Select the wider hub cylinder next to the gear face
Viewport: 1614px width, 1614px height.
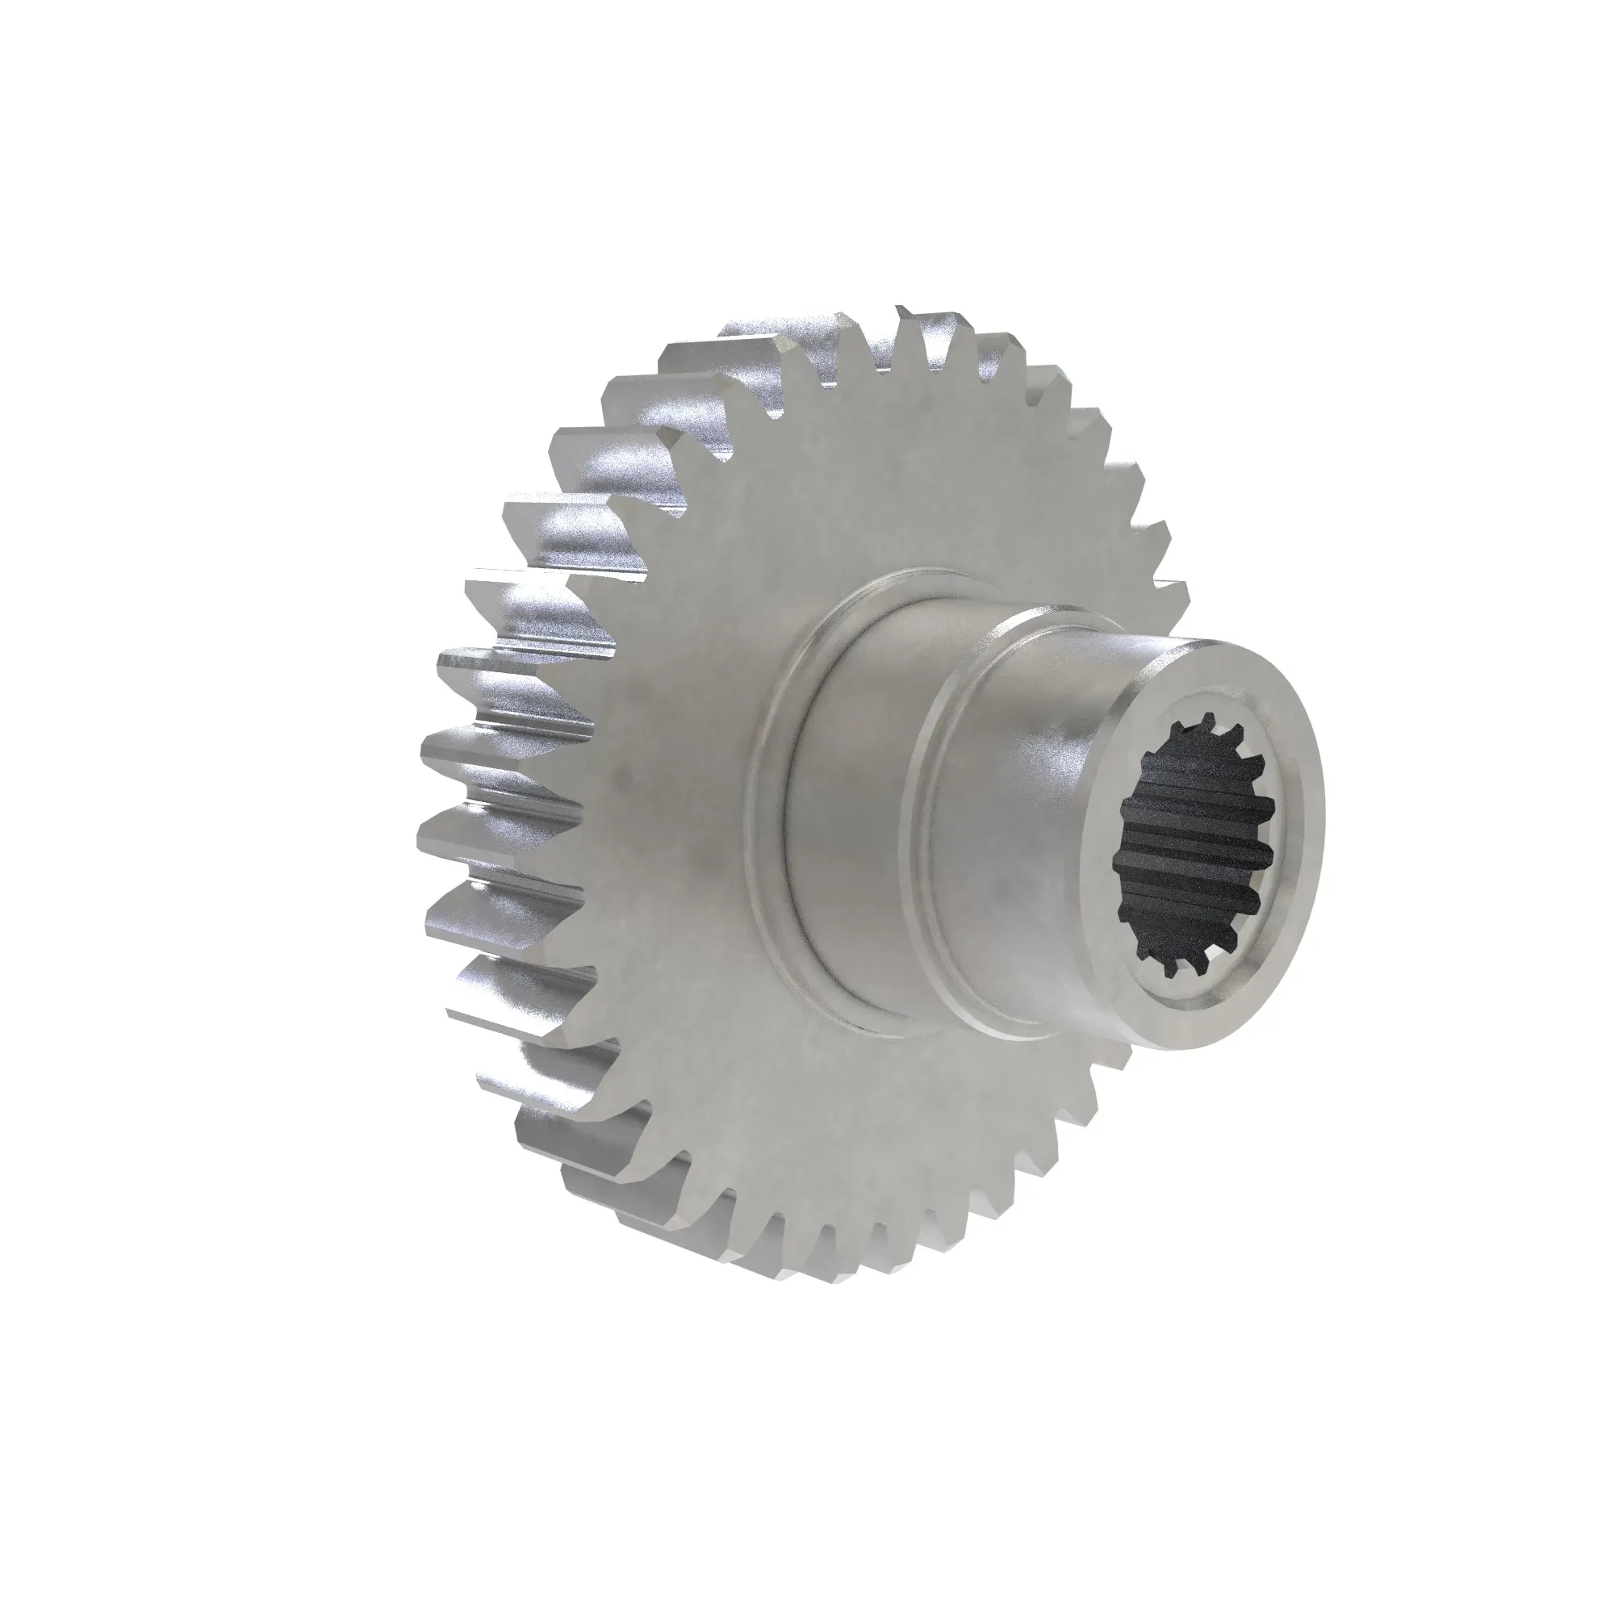pos(852,802)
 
